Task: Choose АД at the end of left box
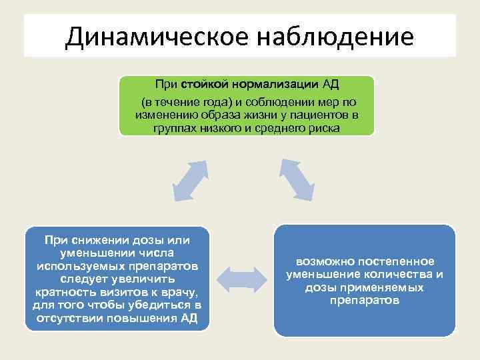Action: (189, 317)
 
